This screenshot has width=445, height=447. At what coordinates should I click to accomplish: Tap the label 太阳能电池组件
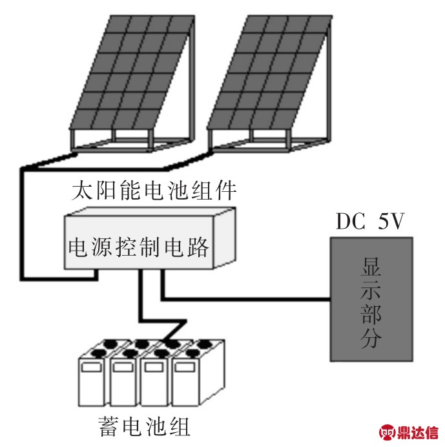coord(155,191)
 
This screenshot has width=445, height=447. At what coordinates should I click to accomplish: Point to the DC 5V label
coord(370,222)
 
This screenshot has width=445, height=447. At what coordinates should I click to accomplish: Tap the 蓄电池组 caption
coord(143,426)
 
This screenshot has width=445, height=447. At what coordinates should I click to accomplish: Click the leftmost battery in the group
coord(94,381)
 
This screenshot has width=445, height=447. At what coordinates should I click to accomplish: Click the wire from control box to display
coord(245,298)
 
